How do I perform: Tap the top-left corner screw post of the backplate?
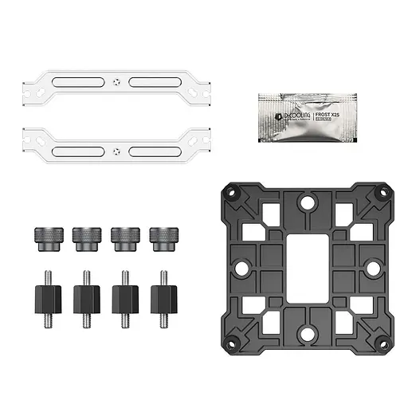[233, 193]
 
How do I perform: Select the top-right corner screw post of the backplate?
[381, 193]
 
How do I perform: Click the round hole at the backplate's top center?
[307, 204]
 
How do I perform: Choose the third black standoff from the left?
[124, 299]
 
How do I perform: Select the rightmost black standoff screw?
[163, 299]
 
